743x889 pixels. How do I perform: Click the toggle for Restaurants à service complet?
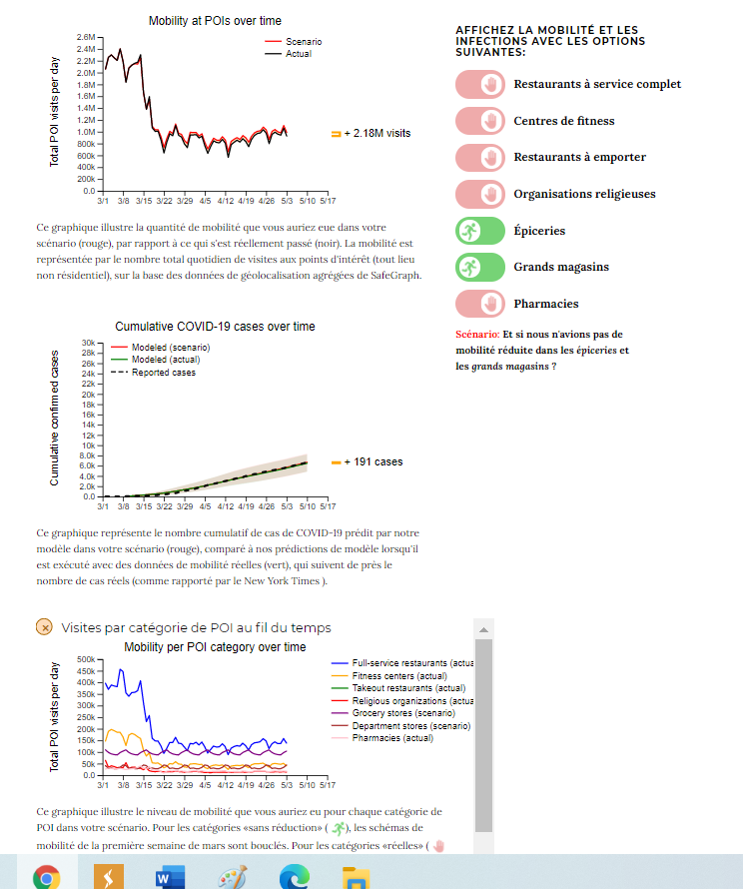[x=480, y=85]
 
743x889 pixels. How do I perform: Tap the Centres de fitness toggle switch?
[x=480, y=122]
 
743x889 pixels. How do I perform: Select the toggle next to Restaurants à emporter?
[x=480, y=158]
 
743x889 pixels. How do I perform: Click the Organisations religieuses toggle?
[x=480, y=194]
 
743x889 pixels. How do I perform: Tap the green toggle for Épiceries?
[x=480, y=231]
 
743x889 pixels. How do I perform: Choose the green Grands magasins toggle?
[x=480, y=267]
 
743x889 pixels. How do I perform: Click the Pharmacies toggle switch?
[x=480, y=304]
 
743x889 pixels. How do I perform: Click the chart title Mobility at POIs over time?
[x=215, y=21]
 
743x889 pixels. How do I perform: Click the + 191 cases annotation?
[x=372, y=461]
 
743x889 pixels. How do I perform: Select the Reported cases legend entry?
[x=163, y=373]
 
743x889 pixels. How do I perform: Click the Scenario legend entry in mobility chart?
[x=303, y=42]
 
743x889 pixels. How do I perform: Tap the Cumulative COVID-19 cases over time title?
[x=215, y=327]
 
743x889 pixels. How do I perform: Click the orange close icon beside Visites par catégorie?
[x=44, y=627]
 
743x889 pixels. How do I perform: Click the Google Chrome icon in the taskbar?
[x=46, y=876]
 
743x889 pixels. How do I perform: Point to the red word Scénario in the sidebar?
[x=477, y=335]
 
